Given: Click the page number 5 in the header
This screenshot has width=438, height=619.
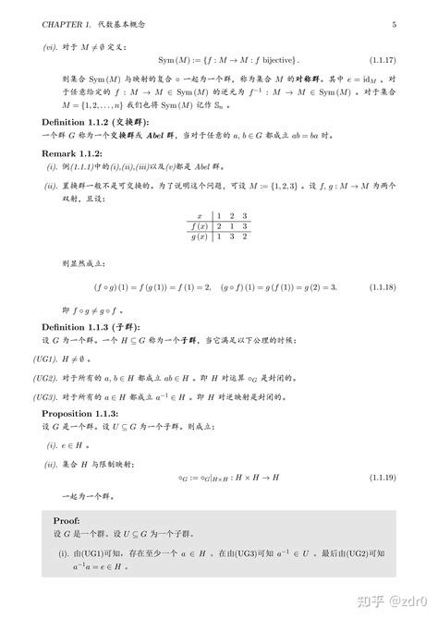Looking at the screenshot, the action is coord(394,24).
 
